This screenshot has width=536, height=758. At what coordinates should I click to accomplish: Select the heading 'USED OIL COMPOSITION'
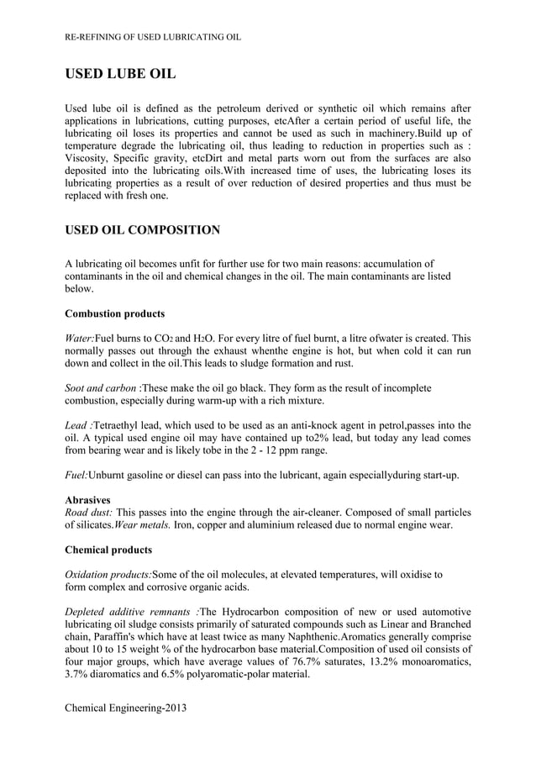[143, 229]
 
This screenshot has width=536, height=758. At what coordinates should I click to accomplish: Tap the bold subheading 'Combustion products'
[114, 313]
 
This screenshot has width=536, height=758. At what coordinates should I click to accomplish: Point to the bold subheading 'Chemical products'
[108, 550]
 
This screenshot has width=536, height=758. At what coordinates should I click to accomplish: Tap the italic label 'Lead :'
[79, 425]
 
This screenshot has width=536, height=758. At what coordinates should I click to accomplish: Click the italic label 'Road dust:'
[88, 513]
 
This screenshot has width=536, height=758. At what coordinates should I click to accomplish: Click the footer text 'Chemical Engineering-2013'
[125, 708]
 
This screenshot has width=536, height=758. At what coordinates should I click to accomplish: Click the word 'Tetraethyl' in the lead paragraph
[119, 425]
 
